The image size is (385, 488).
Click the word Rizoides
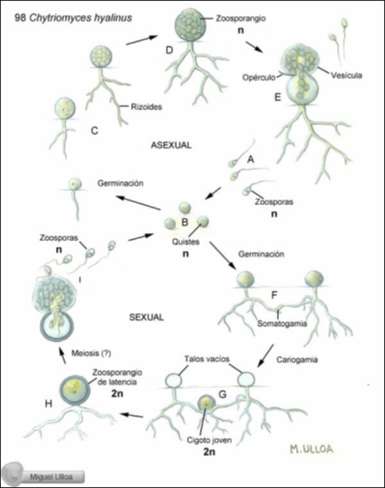coord(146,108)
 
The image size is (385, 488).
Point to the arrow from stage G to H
coord(133,415)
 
